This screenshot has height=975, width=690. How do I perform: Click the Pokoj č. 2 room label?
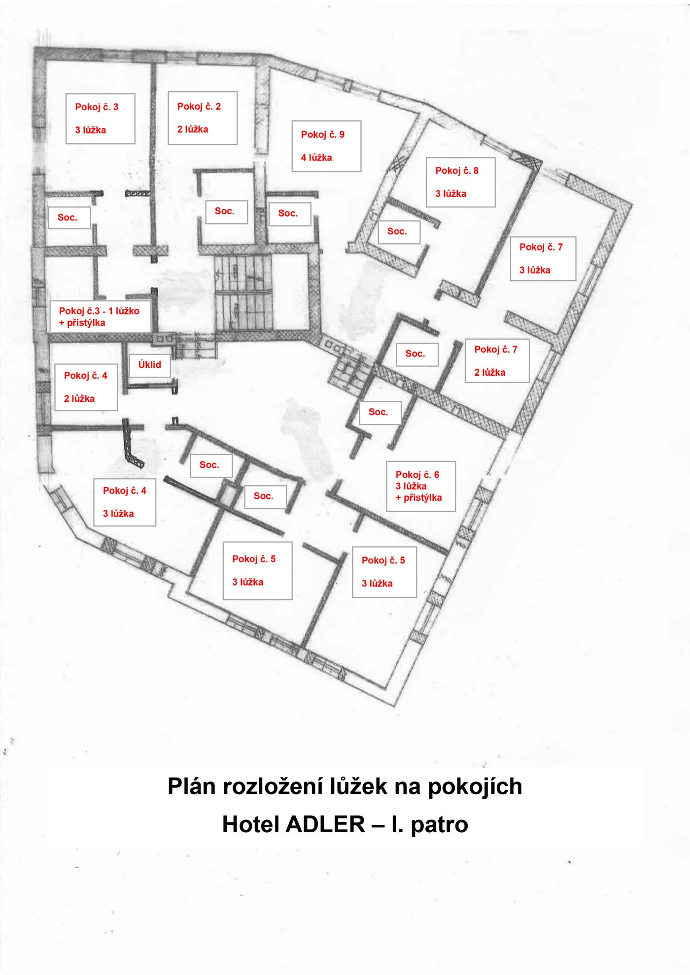(203, 118)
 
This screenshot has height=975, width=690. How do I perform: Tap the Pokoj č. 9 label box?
(326, 146)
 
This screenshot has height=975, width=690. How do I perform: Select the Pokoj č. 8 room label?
(460, 182)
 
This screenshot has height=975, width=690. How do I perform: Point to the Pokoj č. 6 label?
(421, 487)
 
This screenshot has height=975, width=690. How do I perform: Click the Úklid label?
(150, 365)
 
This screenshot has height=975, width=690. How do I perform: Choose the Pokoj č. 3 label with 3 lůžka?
(101, 119)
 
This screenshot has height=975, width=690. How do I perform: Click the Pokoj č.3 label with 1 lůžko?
(100, 317)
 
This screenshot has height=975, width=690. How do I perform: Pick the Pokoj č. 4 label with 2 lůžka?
(86, 387)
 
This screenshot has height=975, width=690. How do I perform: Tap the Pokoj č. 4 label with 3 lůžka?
(125, 502)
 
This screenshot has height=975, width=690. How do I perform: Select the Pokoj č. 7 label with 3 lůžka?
(543, 259)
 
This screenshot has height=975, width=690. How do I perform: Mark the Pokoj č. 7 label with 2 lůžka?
(497, 361)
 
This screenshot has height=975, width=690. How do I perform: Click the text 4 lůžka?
(316, 158)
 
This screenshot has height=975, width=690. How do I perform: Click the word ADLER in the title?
(325, 824)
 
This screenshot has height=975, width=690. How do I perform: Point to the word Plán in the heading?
(192, 786)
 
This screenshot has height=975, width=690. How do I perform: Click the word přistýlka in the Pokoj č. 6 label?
(423, 498)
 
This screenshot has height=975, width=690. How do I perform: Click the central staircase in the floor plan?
(243, 293)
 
